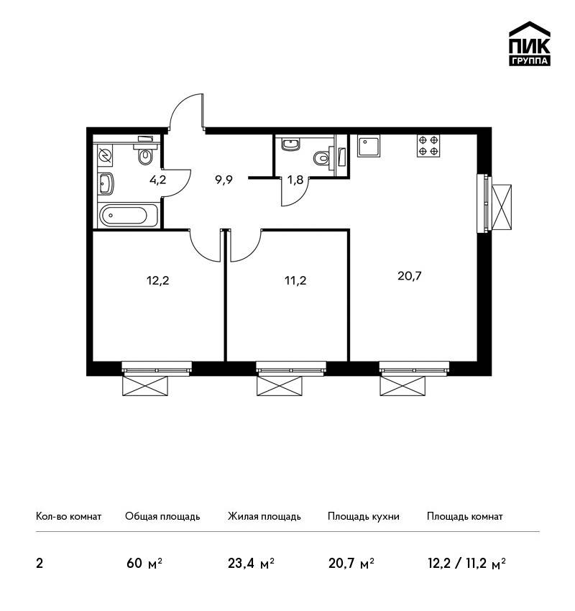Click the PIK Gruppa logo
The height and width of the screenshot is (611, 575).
coord(530,44)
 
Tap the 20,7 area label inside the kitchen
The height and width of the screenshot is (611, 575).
coord(410,276)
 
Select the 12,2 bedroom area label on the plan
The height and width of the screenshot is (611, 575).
coord(158,280)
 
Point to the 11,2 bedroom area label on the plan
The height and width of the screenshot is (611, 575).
coord(295,280)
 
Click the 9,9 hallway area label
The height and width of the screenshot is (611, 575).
coord(224,180)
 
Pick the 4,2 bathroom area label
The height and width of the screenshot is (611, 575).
coord(158,180)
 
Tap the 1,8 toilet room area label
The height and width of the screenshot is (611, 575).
coord(295,180)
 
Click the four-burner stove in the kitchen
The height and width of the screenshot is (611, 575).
coord(428,146)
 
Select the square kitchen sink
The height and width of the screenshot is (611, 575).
coord(369,146)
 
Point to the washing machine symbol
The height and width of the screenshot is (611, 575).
coord(105,155)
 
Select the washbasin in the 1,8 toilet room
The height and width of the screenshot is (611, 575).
coord(290,144)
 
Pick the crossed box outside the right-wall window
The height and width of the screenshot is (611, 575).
coord(502,207)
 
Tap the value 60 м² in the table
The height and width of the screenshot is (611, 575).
coord(144,564)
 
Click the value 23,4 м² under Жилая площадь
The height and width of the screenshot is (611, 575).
coord(252,564)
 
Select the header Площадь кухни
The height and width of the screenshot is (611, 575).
coord(364,516)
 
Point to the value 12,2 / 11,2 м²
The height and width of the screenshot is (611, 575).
coord(466,564)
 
